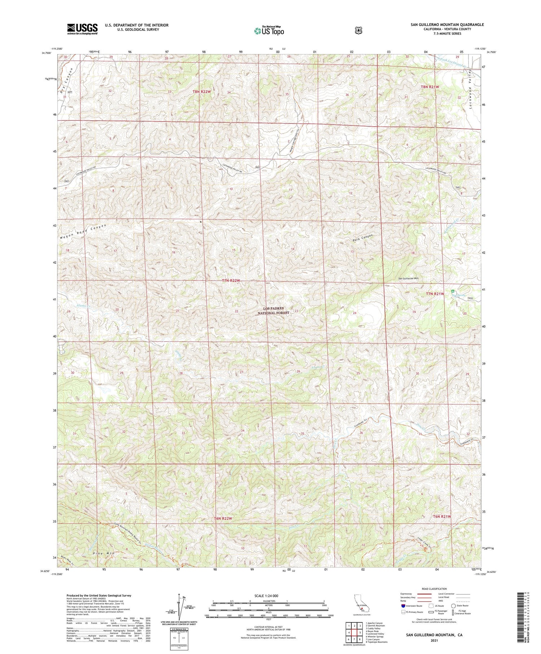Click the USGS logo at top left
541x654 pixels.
(x=82, y=29)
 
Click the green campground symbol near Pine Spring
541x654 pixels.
(x=453, y=291)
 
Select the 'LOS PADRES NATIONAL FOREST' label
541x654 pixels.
(x=276, y=311)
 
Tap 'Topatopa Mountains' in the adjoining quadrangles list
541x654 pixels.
(x=377, y=642)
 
